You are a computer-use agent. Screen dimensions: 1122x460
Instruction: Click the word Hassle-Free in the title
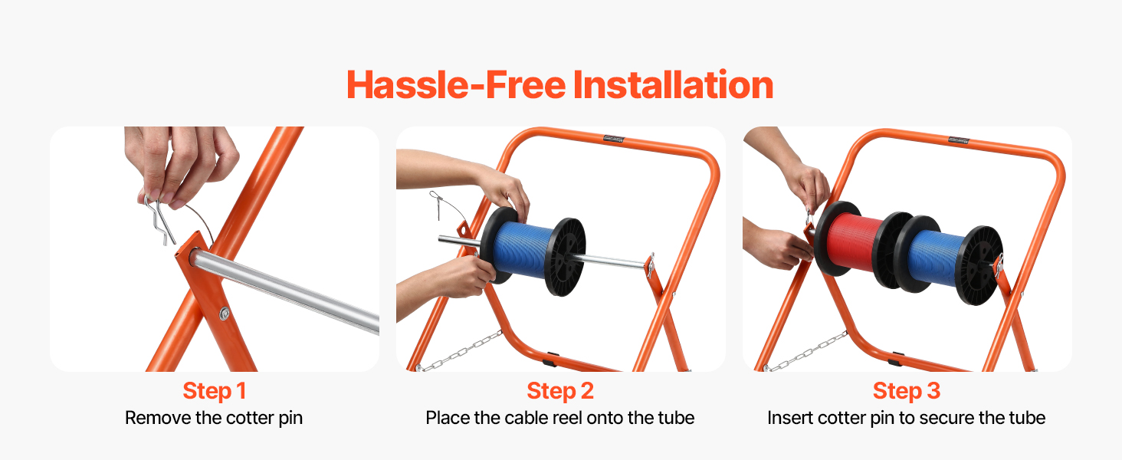click(456, 84)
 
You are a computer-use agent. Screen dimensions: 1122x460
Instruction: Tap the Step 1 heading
click(215, 391)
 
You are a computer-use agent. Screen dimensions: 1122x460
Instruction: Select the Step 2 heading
click(560, 391)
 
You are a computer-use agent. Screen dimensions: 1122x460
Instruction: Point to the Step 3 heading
click(907, 391)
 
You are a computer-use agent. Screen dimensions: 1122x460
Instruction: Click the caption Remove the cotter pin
click(214, 418)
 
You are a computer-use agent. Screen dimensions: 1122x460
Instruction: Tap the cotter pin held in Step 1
click(160, 221)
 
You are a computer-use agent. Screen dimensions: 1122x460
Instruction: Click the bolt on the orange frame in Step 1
click(225, 314)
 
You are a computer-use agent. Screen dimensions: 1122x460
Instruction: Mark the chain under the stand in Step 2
click(460, 352)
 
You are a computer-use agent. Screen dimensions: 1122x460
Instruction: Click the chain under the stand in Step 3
click(806, 352)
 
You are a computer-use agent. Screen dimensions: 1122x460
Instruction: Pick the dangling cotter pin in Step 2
click(437, 205)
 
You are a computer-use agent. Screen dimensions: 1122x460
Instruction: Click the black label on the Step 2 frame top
click(613, 139)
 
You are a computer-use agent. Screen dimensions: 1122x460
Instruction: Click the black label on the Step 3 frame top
click(959, 140)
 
